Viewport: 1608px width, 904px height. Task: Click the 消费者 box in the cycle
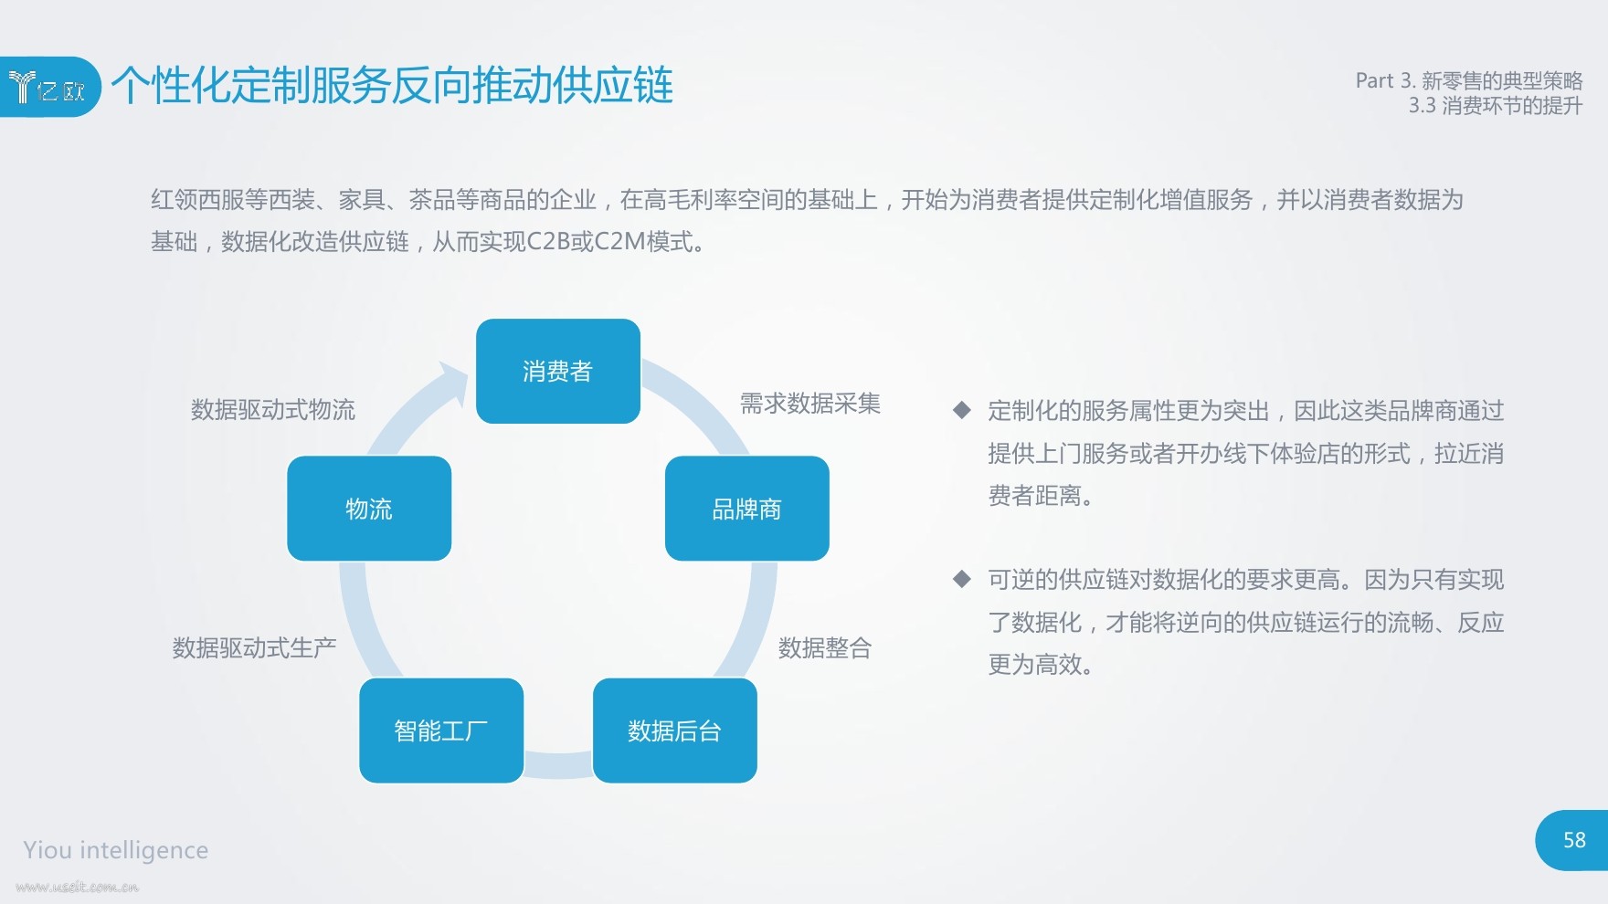(x=558, y=371)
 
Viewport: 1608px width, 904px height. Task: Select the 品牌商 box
(x=747, y=509)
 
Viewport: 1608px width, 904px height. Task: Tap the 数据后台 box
(x=675, y=731)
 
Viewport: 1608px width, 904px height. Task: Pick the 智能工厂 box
(x=441, y=731)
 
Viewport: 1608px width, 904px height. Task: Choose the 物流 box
(x=369, y=509)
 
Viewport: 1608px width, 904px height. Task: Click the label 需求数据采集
(x=810, y=404)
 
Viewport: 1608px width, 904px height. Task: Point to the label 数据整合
(x=825, y=648)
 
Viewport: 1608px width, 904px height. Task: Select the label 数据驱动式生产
(x=255, y=648)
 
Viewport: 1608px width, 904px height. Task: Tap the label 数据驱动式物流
(x=273, y=410)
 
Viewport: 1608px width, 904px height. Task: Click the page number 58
(x=1574, y=840)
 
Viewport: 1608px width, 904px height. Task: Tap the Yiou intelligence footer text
(x=116, y=850)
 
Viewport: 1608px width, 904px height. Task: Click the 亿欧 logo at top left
(x=48, y=87)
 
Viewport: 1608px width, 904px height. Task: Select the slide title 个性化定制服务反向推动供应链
(x=393, y=86)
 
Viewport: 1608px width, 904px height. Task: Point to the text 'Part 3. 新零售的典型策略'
(x=1469, y=80)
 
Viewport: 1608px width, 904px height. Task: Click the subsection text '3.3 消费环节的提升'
(x=1496, y=106)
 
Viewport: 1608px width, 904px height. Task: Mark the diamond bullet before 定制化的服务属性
(x=961, y=410)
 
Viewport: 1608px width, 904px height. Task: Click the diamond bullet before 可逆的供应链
(x=961, y=579)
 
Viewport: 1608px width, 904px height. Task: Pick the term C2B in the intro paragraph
(x=548, y=242)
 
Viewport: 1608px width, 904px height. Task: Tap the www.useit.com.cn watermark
(x=77, y=887)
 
